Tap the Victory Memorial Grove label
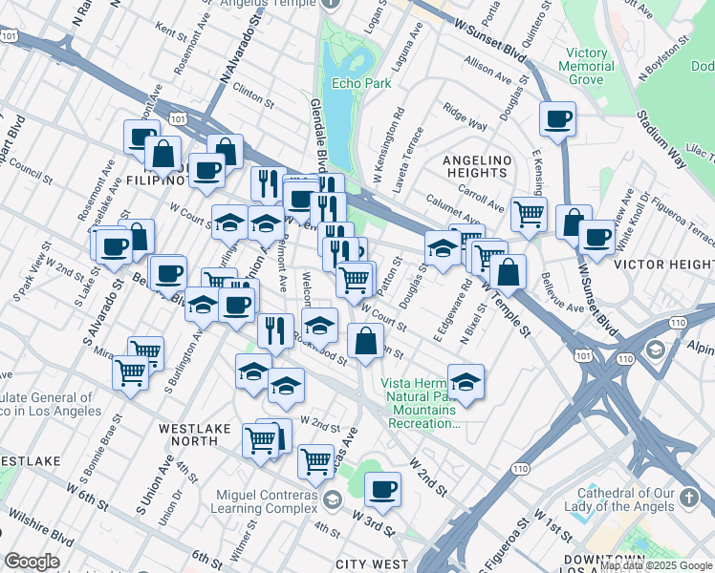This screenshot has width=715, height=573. click(586, 66)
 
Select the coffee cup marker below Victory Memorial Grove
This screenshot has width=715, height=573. click(557, 119)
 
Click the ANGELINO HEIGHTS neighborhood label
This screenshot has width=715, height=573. click(476, 166)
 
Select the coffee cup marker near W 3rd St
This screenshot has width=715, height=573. click(383, 489)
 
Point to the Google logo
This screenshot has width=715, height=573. click(32, 562)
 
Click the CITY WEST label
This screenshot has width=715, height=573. click(372, 564)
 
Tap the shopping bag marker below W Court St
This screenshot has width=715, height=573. click(365, 340)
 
